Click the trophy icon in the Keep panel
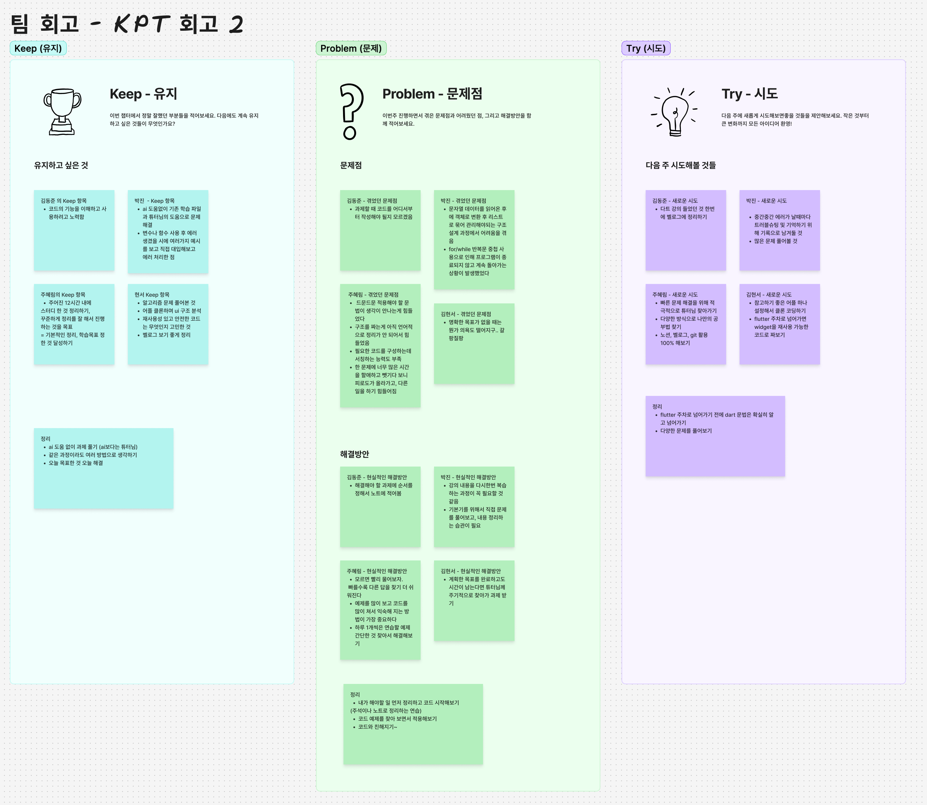point(62,111)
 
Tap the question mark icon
point(351,111)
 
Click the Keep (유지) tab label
point(38,48)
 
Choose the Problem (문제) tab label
point(351,48)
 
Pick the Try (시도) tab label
point(646,48)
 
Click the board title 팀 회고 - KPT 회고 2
point(127,24)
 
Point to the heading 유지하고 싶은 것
point(61,165)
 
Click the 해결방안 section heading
point(354,454)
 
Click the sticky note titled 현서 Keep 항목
point(168,324)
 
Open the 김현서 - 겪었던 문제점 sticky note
point(474,344)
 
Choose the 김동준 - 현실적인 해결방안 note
point(380,507)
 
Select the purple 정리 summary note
point(715,436)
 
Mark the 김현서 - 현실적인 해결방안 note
point(474,600)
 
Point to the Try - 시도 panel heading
point(750,94)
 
